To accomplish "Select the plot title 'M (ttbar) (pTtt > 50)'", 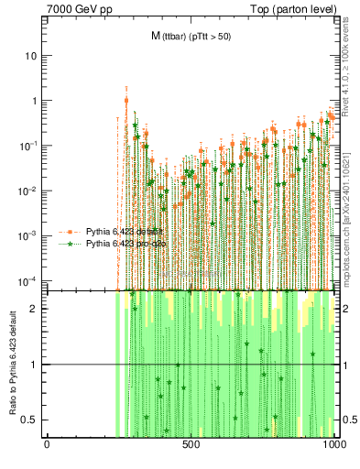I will point(191,36).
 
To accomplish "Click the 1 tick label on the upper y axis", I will point(35,101).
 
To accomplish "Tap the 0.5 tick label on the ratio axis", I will point(30,420).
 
